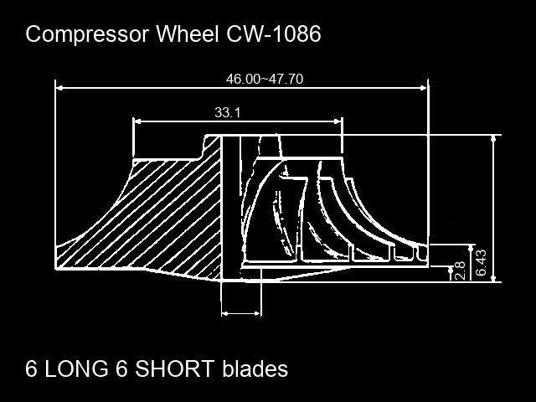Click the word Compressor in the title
tap(87, 35)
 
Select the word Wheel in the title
tap(188, 33)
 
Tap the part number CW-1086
tap(274, 33)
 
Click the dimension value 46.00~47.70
tap(265, 79)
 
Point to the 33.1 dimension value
tap(227, 112)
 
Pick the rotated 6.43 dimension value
tap(481, 262)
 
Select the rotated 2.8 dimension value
tap(460, 271)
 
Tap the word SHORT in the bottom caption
tap(175, 368)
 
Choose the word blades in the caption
tap(255, 368)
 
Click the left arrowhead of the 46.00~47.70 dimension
tap(59, 88)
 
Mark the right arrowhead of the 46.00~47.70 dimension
tap(424, 88)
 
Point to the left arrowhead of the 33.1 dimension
tap(137, 121)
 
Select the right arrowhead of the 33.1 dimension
tap(338, 121)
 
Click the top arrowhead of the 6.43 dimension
tap(493, 139)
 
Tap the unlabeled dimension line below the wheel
tap(241, 313)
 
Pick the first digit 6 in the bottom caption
tap(31, 368)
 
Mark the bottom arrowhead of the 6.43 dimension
tap(493, 278)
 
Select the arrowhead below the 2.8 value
tap(451, 270)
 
